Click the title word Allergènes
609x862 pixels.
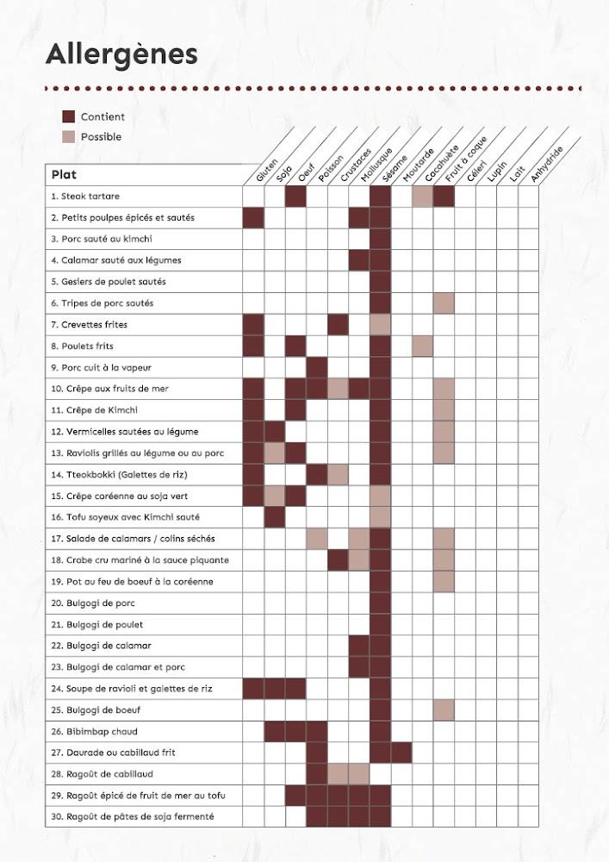pos(121,54)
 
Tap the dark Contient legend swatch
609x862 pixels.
pos(70,116)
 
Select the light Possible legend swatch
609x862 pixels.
pos(70,136)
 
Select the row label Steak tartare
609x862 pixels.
pos(85,197)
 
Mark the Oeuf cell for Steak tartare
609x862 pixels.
pos(295,197)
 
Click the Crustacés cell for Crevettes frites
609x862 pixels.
pos(338,325)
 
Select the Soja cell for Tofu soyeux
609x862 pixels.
pos(275,517)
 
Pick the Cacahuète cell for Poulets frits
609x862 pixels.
pos(422,347)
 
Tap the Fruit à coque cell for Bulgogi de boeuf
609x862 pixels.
pos(444,710)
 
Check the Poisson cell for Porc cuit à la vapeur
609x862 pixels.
pos(317,367)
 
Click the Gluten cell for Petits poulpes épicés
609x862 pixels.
pos(253,218)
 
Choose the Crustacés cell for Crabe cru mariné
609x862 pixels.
pos(338,560)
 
